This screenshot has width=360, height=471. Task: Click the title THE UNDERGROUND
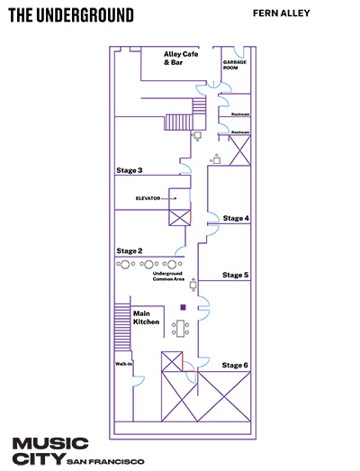71,15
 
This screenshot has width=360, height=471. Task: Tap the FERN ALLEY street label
282,14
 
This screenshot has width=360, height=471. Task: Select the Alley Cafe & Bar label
181,59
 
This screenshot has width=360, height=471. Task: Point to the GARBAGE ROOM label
235,65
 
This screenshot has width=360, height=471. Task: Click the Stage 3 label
130,170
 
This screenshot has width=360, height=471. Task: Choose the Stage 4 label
236,218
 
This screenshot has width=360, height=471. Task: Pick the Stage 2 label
130,251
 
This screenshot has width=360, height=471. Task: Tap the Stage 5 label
236,276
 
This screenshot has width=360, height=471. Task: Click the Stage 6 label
235,366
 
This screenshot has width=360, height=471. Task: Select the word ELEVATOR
148,198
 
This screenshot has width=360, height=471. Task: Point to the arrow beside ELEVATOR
169,198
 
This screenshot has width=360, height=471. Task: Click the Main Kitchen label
146,318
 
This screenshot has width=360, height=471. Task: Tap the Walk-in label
123,364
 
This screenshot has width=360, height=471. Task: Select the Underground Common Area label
168,276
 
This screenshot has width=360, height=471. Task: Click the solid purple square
184,307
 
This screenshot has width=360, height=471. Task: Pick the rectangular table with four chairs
181,329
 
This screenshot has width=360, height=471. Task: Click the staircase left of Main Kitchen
122,327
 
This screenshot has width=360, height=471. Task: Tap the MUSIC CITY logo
50,451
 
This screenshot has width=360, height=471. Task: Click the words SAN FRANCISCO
105,461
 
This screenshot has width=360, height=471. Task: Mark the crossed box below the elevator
179,217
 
